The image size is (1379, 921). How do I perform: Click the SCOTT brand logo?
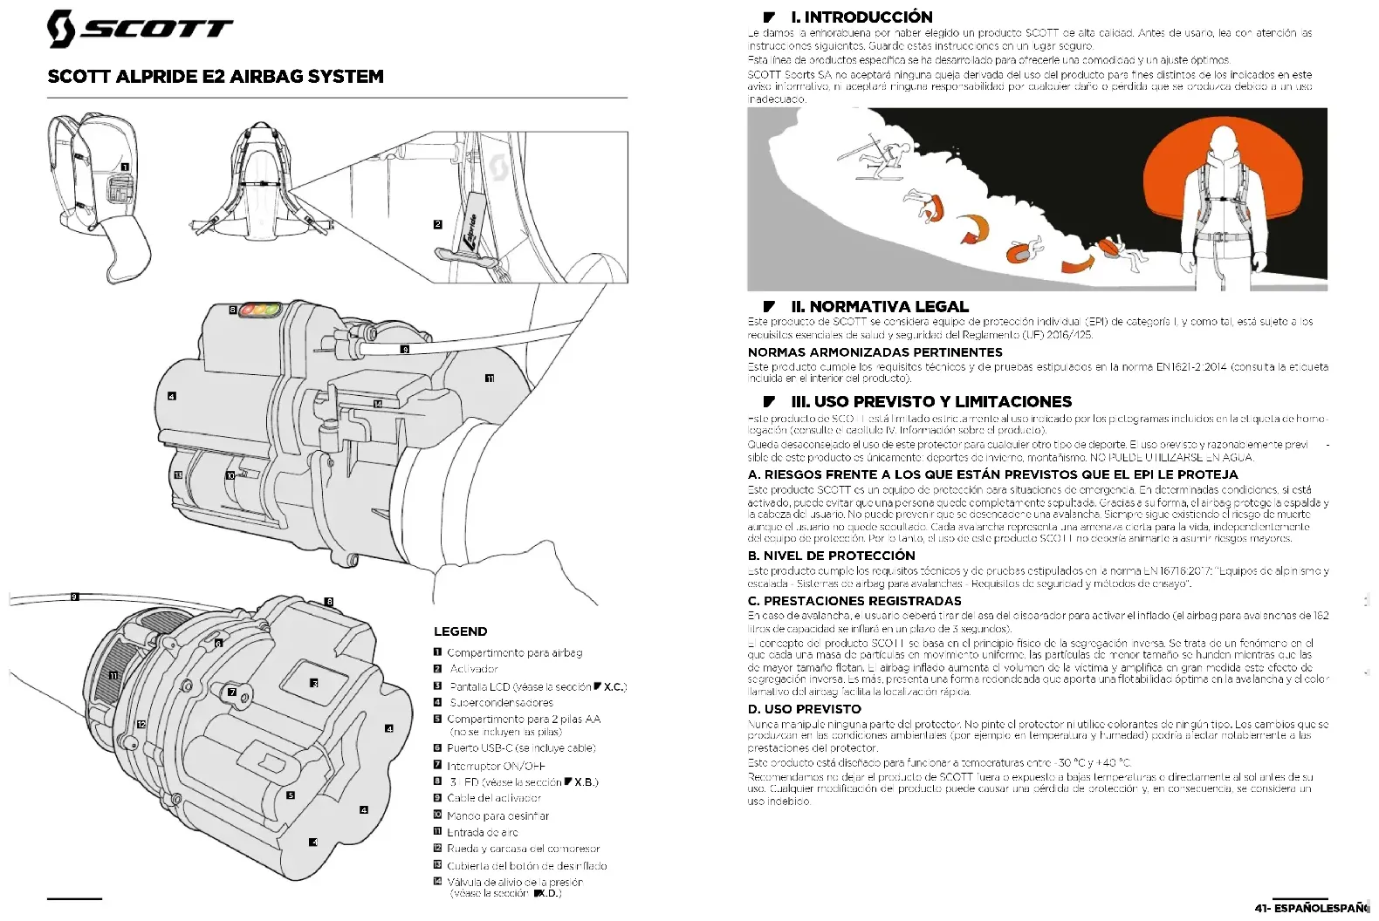point(140,28)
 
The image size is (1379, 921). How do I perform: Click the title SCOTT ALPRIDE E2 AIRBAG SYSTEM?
point(216,77)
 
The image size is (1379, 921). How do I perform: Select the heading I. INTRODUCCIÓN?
point(861,17)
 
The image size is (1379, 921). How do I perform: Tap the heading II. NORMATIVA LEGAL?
point(879,306)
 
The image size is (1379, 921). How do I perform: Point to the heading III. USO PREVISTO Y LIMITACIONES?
point(930,402)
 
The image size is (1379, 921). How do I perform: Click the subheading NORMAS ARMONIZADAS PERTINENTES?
point(875,352)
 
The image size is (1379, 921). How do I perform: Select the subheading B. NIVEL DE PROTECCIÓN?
point(831,556)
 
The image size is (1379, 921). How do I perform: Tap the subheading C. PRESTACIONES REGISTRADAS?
point(854,601)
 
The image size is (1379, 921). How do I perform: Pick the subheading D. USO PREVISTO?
point(804,709)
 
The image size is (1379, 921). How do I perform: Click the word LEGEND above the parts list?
point(460,631)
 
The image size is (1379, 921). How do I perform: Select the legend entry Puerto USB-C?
point(521,748)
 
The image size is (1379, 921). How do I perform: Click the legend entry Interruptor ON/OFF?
point(496,766)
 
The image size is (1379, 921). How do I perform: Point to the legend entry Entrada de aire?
point(483,832)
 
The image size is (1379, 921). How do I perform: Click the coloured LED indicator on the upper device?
point(260,309)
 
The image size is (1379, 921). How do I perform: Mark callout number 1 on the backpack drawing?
point(125,167)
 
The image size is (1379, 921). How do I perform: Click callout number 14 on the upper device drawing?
point(377,404)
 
